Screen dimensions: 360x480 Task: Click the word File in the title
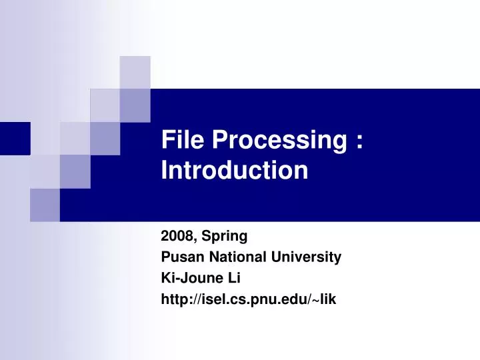pyautogui.click(x=183, y=141)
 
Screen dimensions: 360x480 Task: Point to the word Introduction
pyautogui.click(x=235, y=171)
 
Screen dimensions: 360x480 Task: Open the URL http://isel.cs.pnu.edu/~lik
pyautogui.click(x=249, y=299)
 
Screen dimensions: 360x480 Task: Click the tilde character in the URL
pyautogui.click(x=313, y=300)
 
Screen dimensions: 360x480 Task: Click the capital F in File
pyautogui.click(x=167, y=141)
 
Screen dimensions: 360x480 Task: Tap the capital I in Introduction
pyautogui.click(x=164, y=171)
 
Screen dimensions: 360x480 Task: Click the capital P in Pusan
pyautogui.click(x=165, y=257)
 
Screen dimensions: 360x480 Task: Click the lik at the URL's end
pyautogui.click(x=328, y=299)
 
